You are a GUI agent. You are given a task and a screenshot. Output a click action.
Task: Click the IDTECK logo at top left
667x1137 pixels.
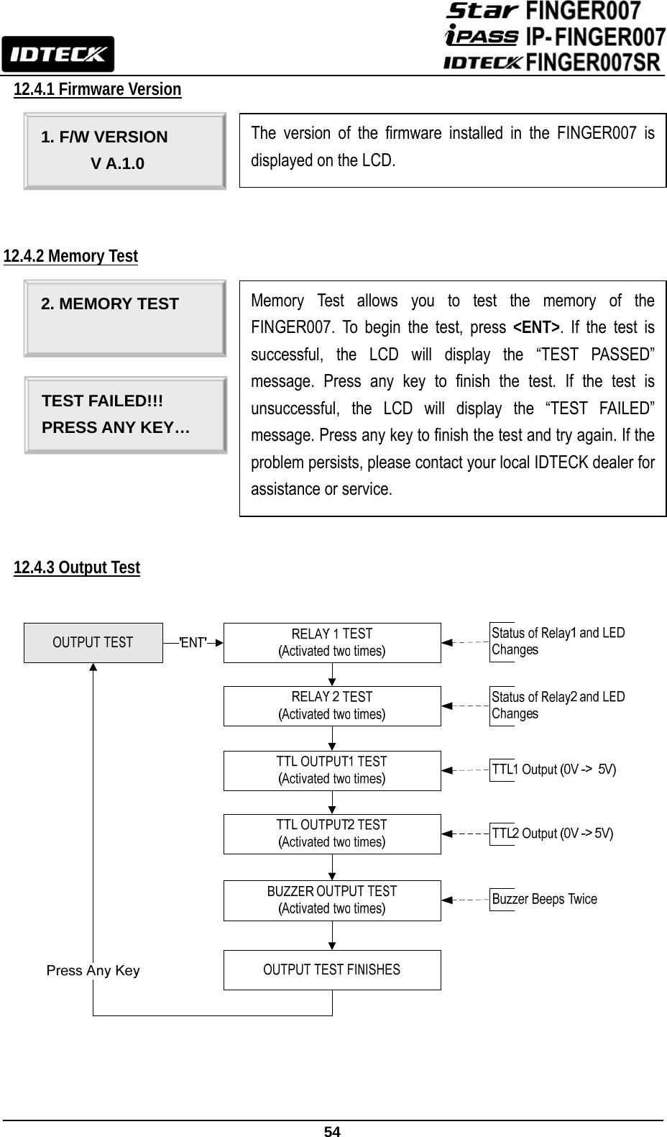click(57, 54)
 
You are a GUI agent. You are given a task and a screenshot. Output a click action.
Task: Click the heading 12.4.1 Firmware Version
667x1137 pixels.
click(98, 89)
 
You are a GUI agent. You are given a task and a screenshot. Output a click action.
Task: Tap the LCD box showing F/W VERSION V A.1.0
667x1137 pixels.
click(124, 150)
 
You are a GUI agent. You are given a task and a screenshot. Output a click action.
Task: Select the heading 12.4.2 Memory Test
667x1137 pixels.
click(71, 256)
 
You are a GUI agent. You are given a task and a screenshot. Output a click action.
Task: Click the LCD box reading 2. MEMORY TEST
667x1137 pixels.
click(124, 318)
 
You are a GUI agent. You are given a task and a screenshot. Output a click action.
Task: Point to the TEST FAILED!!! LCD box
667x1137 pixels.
click(125, 415)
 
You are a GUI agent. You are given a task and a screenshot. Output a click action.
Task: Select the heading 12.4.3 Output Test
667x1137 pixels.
click(77, 567)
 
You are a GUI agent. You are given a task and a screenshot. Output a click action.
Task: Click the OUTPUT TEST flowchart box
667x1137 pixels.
click(93, 642)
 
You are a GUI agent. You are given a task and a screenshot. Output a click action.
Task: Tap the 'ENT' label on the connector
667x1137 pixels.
click(193, 642)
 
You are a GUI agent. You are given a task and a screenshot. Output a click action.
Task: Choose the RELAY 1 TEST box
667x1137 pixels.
click(332, 642)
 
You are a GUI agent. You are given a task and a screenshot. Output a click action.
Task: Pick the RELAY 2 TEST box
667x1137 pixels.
click(332, 706)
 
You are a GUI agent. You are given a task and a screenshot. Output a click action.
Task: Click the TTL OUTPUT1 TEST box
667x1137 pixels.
click(332, 770)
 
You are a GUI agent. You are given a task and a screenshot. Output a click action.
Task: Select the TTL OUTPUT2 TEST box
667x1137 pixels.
click(332, 834)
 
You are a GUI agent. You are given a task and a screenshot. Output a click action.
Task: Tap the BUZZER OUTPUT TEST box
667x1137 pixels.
click(332, 900)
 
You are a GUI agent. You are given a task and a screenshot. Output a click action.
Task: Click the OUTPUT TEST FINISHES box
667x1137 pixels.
click(332, 969)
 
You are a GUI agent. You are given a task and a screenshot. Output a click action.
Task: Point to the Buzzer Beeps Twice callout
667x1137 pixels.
click(544, 899)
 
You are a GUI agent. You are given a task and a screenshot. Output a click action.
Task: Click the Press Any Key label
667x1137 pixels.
click(93, 970)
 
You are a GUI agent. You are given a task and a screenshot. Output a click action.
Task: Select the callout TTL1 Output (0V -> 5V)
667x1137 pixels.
click(553, 770)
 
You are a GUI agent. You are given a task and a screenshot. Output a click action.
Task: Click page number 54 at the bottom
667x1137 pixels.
click(332, 1131)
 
